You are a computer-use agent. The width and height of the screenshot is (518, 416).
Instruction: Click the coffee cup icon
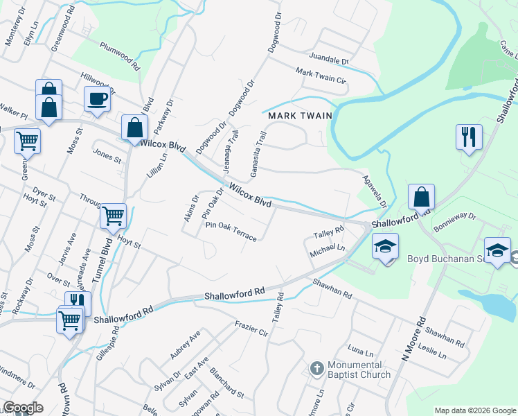[97, 98]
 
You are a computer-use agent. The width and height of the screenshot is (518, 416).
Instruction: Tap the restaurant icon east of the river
[469, 137]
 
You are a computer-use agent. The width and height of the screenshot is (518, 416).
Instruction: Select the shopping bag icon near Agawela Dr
[421, 197]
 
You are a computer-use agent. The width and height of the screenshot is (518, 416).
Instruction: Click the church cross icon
[316, 368]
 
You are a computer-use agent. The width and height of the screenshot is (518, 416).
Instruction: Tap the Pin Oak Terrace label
[231, 232]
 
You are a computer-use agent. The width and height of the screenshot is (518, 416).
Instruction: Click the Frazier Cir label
[251, 328]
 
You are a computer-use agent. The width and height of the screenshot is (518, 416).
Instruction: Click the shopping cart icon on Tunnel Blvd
[113, 216]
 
